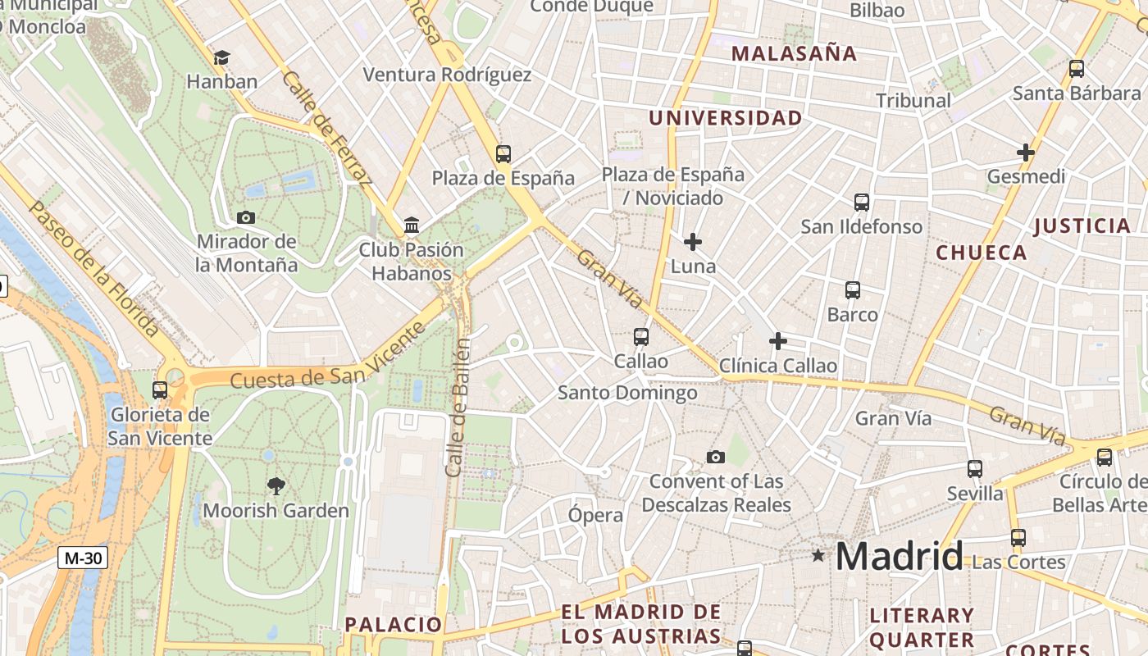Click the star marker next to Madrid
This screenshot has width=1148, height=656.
[x=818, y=556]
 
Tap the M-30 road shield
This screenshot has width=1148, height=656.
[x=84, y=558]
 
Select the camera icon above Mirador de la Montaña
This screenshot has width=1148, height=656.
[x=245, y=217]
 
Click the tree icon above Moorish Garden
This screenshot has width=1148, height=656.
[x=276, y=485]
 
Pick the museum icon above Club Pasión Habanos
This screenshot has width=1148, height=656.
[x=412, y=225]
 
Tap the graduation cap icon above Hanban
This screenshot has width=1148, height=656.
[x=221, y=57]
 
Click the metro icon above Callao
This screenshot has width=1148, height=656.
[x=641, y=336]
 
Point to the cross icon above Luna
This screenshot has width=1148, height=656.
[x=693, y=242]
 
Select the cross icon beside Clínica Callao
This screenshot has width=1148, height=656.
[x=778, y=341]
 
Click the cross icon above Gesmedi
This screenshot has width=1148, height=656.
[x=1025, y=153]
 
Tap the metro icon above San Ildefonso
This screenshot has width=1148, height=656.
[x=861, y=202]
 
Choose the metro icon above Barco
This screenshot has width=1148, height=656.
[x=853, y=289]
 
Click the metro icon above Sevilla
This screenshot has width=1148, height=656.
[x=974, y=469]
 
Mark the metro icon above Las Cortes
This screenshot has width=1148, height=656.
[x=1018, y=538]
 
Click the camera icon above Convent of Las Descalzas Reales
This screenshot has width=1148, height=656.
[x=716, y=457]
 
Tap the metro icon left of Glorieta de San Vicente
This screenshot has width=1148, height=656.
[x=160, y=390]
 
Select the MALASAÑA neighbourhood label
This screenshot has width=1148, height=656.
[x=794, y=54]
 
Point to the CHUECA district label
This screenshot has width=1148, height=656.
[x=982, y=253]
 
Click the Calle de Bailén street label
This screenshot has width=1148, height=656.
[x=458, y=408]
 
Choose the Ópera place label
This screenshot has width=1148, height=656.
[x=596, y=516]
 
